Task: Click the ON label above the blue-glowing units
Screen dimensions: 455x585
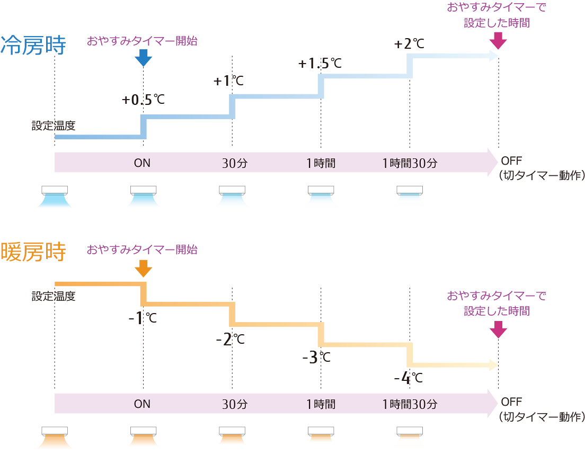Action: (x=142, y=163)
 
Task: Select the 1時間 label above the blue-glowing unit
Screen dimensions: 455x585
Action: (x=321, y=163)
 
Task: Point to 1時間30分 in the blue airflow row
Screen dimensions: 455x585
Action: (x=410, y=163)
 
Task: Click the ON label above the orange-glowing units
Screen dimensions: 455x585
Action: (x=142, y=404)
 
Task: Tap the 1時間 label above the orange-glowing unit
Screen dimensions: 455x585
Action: (x=321, y=404)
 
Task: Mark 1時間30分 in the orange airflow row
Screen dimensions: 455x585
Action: (x=410, y=404)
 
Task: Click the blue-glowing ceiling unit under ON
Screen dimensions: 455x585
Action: (x=143, y=190)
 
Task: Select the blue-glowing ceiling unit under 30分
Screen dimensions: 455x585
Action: (x=232, y=190)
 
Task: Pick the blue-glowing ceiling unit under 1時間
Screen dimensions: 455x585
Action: (x=321, y=190)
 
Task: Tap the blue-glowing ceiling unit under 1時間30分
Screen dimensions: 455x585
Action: (x=410, y=190)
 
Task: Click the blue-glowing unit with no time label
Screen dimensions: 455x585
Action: (x=53, y=190)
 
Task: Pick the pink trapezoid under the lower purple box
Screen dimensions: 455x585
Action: (x=499, y=331)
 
